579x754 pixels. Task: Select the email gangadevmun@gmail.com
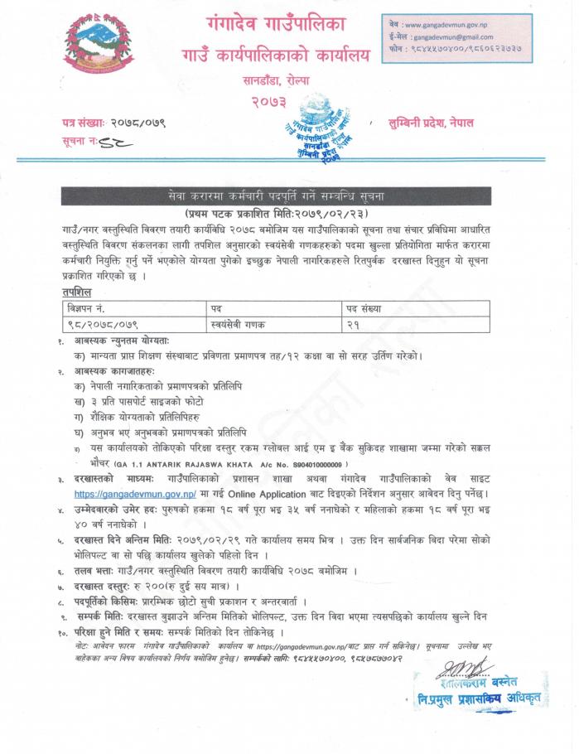tap(453, 37)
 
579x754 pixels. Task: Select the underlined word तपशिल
tap(77, 292)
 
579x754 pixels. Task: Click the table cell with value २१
tap(354, 322)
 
